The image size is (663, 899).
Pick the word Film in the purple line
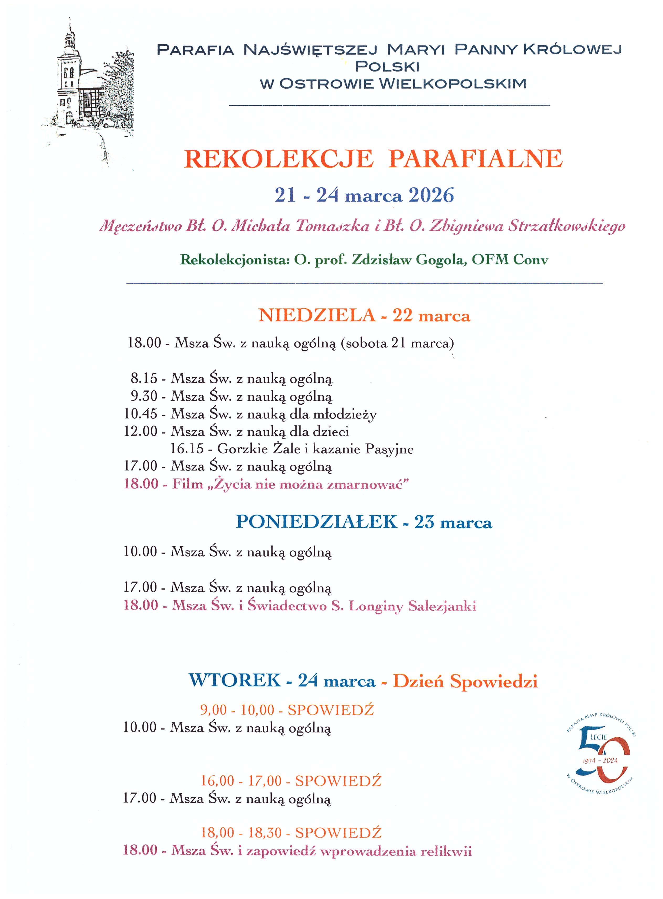(x=187, y=484)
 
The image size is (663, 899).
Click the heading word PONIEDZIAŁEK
(x=316, y=522)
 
